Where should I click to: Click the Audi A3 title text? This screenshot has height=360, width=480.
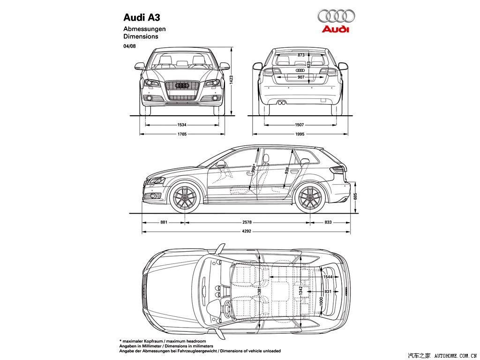[x=142, y=17]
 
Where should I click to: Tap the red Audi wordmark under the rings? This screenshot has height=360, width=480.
[x=335, y=29]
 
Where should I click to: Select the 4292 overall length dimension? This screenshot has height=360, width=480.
[x=247, y=231]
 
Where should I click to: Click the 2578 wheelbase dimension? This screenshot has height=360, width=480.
[x=247, y=222]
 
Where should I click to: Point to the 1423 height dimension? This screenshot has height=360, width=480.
[x=232, y=80]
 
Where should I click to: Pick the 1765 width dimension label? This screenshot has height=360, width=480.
[x=182, y=134]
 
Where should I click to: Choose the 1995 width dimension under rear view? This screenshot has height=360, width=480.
[x=300, y=134]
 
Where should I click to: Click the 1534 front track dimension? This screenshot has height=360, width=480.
[x=182, y=125]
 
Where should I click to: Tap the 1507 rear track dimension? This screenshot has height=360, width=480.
[x=300, y=125]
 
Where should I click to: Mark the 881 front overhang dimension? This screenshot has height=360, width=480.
[x=164, y=222]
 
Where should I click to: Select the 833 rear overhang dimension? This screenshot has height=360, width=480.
[x=328, y=222]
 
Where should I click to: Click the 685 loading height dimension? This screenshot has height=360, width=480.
[x=355, y=196]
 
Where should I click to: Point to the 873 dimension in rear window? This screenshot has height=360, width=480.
[x=301, y=55]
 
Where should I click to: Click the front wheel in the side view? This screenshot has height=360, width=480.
[x=185, y=197]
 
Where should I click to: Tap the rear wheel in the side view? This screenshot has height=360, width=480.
[x=310, y=197]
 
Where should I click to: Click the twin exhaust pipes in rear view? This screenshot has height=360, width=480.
[x=282, y=103]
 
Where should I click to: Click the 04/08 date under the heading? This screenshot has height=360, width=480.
[x=129, y=46]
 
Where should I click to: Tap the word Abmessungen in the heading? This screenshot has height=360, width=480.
[x=144, y=29]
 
